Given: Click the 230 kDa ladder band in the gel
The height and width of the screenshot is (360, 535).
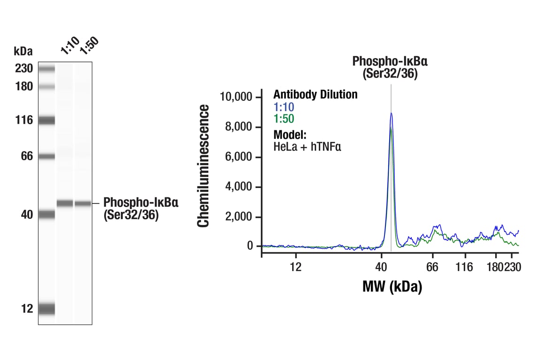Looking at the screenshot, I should pos(46,69).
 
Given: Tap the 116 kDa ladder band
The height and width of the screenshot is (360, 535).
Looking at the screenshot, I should pos(46,120).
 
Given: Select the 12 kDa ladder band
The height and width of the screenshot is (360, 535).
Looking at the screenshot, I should pos(46,309).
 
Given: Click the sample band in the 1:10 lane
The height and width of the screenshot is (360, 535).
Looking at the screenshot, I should pos(65,203).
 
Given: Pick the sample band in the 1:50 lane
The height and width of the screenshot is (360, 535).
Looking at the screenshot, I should pos(83,203).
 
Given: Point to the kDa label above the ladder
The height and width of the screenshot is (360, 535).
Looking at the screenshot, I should pos(23,51).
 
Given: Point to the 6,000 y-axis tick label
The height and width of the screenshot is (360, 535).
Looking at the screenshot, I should pos(239,157).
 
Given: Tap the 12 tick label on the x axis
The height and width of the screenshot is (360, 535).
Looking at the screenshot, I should pos(295,267).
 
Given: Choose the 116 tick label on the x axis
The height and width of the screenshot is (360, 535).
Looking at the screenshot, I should pos(464,267).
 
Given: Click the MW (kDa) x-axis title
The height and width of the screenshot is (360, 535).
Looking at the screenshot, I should pos(392,286).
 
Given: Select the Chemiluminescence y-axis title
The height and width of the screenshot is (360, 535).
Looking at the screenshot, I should pos(203,166).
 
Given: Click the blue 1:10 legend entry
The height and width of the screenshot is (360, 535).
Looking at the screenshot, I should pos(284,107).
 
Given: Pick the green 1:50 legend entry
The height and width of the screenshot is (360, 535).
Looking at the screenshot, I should pos(284,119).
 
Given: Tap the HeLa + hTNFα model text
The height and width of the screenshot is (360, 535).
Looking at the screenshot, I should pos(307,146).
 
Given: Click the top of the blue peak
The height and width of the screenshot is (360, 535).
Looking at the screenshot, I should pos(391,113).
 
